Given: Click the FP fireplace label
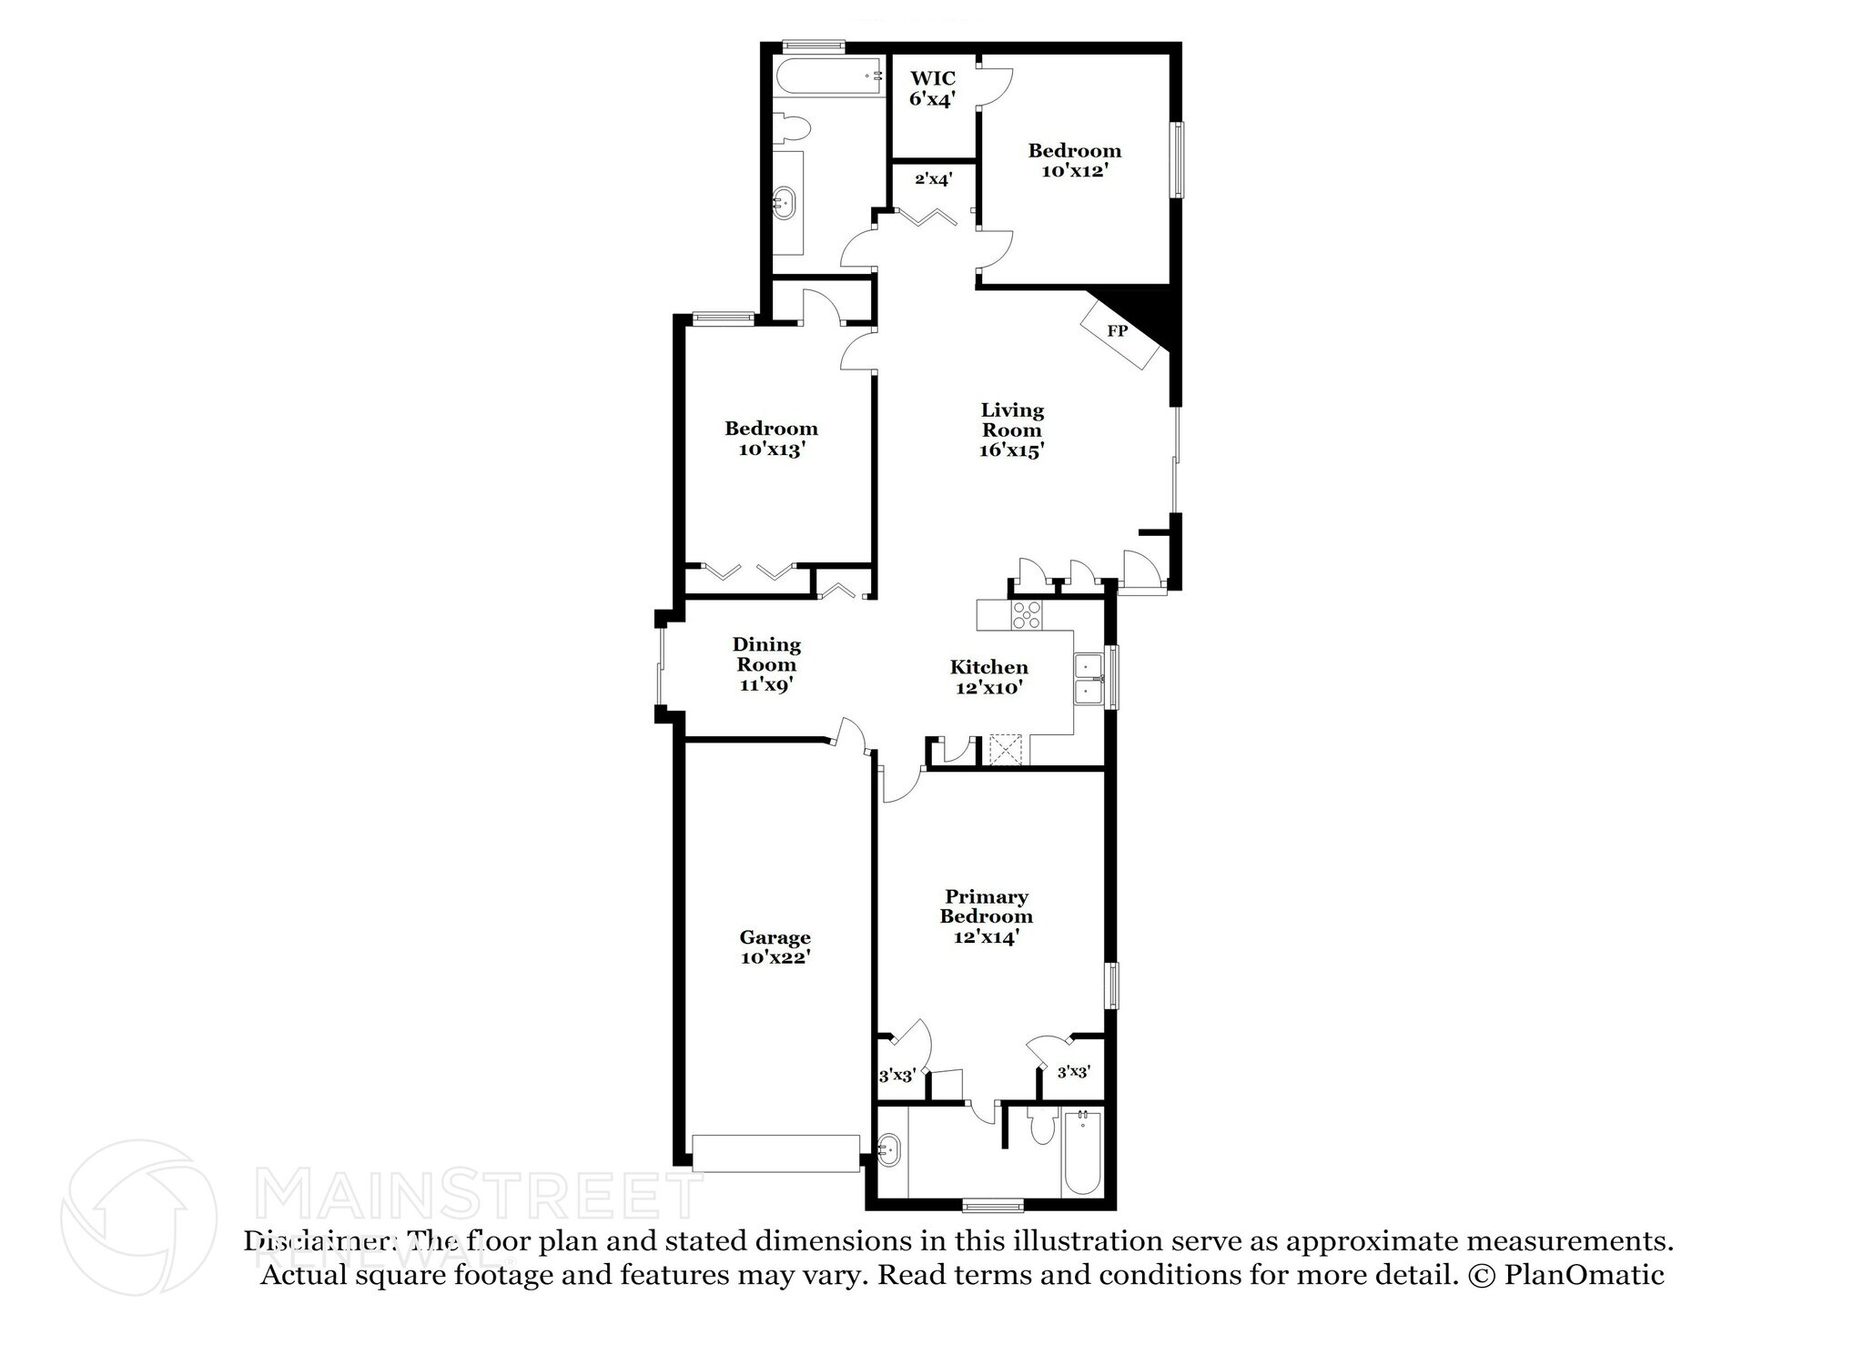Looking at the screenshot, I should click(1117, 331).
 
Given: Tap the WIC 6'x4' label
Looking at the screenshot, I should click(932, 89).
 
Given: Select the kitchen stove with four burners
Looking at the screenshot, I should click(1028, 616).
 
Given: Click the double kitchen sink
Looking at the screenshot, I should click(1088, 679).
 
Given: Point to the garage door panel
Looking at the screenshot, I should click(775, 1152).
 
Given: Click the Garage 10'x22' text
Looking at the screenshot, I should click(775, 946).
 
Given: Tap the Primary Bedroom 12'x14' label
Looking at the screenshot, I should click(986, 916).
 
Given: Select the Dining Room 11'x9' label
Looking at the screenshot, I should click(766, 664).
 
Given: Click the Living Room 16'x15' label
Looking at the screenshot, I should click(1011, 430).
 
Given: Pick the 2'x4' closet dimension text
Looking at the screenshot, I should click(933, 179).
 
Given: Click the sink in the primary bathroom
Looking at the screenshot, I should click(889, 1151).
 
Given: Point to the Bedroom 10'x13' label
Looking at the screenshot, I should click(771, 438).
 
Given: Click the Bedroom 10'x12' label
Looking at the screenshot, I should click(1074, 160).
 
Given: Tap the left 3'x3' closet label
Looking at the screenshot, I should click(897, 1075).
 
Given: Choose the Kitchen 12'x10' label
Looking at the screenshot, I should click(989, 677).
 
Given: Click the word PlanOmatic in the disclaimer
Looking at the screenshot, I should click(1584, 1275).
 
